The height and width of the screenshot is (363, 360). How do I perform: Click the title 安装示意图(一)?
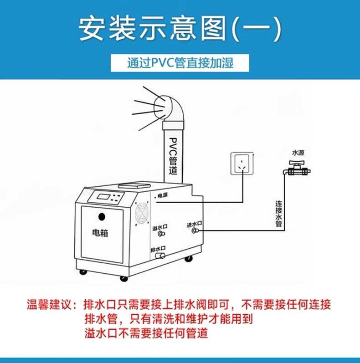[x=180, y=29]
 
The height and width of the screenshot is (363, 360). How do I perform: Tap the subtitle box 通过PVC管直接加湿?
[x=180, y=63]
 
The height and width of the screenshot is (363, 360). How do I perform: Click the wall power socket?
[x=242, y=164]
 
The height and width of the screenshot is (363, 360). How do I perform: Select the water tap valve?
[x=297, y=169]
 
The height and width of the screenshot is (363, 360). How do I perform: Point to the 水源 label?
[x=298, y=153]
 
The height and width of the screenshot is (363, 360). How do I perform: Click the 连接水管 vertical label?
[x=279, y=214]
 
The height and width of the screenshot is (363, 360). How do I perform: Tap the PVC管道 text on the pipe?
[x=173, y=156]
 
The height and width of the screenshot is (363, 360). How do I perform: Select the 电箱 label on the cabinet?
[x=100, y=233]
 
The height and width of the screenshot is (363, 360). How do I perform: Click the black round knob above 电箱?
[x=102, y=217]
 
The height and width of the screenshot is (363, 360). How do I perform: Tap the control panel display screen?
[x=103, y=197]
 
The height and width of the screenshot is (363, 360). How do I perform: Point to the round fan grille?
[x=142, y=213]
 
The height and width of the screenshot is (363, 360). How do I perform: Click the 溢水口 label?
[x=160, y=227]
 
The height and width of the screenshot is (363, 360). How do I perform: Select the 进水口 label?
[x=195, y=224]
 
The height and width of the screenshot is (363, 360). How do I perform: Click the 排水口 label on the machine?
[x=158, y=249]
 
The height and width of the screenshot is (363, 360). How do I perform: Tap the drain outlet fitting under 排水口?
[x=160, y=256]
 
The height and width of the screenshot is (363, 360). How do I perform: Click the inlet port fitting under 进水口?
[x=195, y=230]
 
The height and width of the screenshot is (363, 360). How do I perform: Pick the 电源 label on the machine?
[x=162, y=196]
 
